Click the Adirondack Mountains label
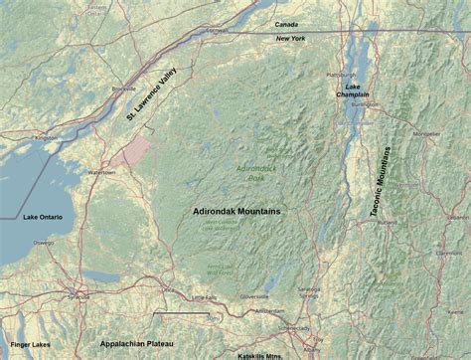[237, 212]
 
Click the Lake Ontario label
[43, 215]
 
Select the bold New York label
[290, 39]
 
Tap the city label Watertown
[103, 172]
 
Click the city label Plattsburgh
[341, 74]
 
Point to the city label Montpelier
[427, 132]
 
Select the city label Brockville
[124, 89]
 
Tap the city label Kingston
[46, 137]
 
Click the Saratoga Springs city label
[311, 291]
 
